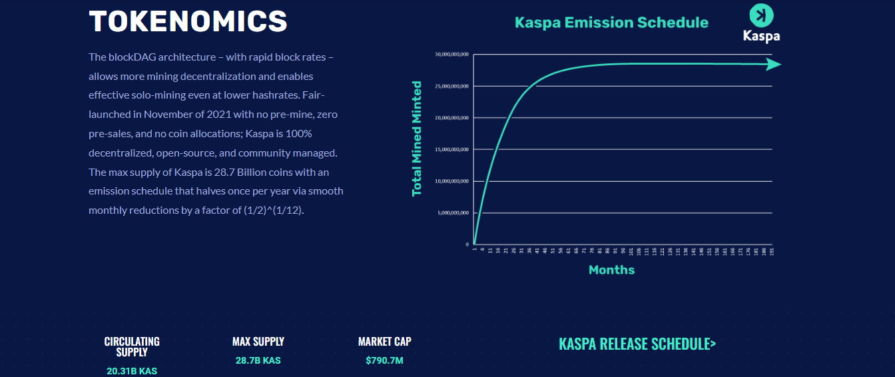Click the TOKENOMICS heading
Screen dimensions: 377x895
188,21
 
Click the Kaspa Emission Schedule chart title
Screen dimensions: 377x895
611,23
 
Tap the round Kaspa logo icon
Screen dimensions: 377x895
761,15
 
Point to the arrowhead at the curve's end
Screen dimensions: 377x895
773,65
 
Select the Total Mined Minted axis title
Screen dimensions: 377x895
417,139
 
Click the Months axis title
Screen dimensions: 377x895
611,270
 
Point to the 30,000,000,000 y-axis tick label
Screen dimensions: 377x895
452,54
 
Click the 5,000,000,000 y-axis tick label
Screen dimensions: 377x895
453,213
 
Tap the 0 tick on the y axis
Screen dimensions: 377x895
467,244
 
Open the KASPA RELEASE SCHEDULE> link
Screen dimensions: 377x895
637,344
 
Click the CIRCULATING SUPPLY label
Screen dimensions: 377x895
132,346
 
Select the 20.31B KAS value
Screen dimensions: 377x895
132,371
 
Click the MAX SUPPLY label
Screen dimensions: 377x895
258,342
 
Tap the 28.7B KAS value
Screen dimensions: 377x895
258,360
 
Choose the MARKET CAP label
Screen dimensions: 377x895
385,342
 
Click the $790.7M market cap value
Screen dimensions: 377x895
385,360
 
